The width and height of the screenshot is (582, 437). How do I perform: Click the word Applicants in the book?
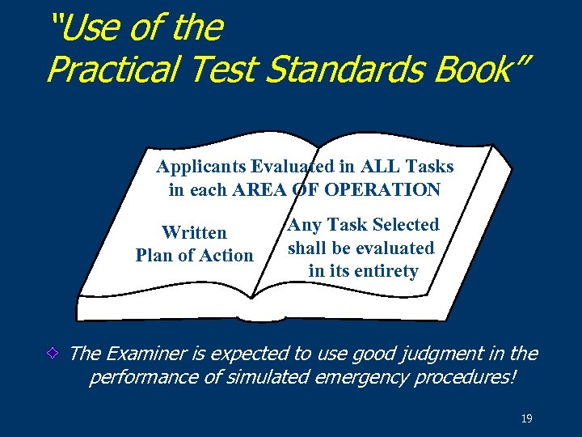coord(201,167)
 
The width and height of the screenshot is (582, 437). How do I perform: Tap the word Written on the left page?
coord(194,233)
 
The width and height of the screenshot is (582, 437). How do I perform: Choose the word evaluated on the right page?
coord(394,248)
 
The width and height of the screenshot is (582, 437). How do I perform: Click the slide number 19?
coord(527,418)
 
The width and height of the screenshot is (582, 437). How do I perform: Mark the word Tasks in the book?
coord(432,167)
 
